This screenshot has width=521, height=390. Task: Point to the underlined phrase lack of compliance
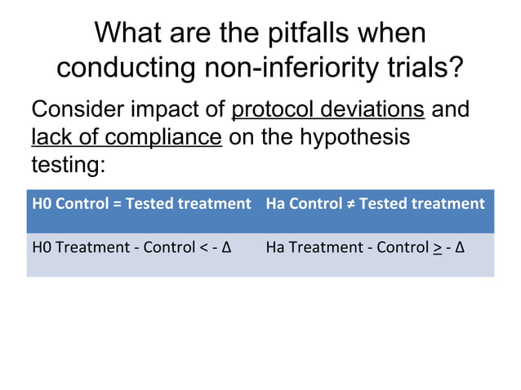127,136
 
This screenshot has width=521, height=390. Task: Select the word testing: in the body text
68,164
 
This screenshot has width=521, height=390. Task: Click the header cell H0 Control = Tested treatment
140,203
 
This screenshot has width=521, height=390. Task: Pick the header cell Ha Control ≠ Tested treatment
375,203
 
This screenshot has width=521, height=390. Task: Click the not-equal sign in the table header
349,203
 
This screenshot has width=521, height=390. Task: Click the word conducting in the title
122,68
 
